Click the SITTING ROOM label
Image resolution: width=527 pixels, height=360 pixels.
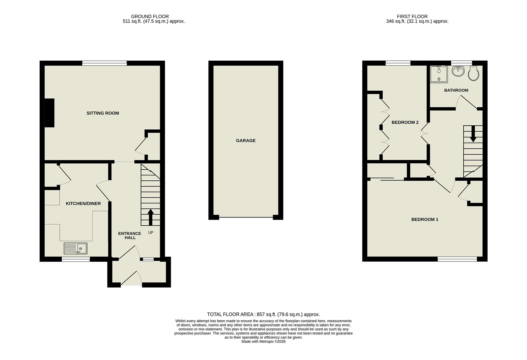(103, 113)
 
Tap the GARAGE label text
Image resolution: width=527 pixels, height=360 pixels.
(245, 141)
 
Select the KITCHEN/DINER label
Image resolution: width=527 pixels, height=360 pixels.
(83, 203)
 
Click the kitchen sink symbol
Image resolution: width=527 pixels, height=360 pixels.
(75, 248)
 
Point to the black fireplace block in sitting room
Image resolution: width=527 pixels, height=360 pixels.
(49, 113)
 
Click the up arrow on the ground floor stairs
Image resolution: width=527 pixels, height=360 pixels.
(150, 217)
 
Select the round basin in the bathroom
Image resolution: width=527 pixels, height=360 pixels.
(458, 71)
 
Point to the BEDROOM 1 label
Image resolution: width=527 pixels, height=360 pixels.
(425, 219)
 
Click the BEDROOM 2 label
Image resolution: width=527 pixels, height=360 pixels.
(405, 122)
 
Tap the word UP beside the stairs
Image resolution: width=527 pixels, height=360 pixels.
(151, 232)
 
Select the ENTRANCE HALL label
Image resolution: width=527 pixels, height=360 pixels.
(130, 235)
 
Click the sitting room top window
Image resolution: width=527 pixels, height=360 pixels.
(105, 63)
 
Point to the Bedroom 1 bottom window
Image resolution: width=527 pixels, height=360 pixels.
(457, 259)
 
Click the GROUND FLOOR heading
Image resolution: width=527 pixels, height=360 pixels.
(150, 16)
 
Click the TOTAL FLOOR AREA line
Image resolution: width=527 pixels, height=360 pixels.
(263, 314)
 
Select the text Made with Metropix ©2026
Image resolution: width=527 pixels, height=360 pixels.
(263, 341)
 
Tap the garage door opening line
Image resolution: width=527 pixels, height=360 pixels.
(246, 218)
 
